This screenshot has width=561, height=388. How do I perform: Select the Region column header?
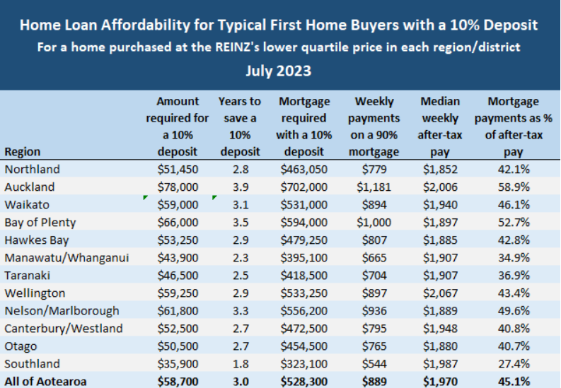point(23,151)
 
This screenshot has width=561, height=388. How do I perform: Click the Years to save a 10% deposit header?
point(240,127)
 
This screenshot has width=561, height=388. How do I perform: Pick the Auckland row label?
point(29,187)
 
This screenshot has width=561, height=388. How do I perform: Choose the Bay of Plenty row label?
point(40,223)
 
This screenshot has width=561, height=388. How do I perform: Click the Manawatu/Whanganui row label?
point(66,258)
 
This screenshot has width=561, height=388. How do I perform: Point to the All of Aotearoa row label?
point(46,382)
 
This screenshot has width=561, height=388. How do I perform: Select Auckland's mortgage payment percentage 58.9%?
point(514,187)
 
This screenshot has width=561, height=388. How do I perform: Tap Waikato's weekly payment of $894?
point(374,205)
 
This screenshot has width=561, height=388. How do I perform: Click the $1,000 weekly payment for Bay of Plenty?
point(374,223)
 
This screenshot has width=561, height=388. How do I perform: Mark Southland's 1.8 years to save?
point(240,364)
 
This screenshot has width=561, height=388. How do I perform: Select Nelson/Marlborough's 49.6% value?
point(514,311)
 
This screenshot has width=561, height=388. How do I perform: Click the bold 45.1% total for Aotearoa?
point(514,382)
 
